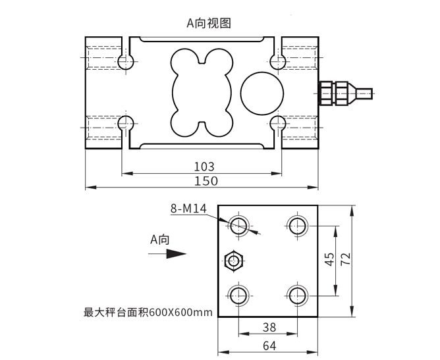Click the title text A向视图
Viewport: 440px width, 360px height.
210,22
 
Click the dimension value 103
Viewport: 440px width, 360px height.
204,167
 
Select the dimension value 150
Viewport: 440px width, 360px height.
204,181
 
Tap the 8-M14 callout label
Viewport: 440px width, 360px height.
188,209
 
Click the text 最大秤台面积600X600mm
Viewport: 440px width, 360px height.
148,312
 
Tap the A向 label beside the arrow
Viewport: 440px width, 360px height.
160,240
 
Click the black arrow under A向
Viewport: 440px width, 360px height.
168,254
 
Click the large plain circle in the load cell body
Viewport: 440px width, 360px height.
261,91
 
